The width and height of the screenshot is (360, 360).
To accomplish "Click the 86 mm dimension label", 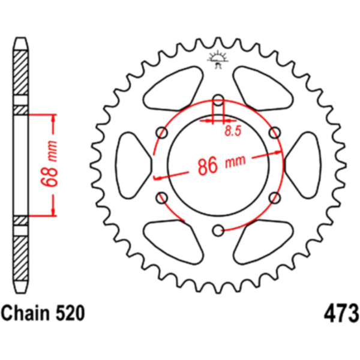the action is click(x=221, y=164).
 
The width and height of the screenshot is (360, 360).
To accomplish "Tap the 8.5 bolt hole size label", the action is click(x=233, y=131).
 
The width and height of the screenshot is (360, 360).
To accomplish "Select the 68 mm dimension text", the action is click(x=49, y=164).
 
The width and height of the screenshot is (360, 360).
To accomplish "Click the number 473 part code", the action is click(x=341, y=313).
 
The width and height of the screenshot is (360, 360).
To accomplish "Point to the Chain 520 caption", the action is click(x=43, y=313).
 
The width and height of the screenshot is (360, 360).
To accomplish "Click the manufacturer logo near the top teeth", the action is click(x=218, y=61).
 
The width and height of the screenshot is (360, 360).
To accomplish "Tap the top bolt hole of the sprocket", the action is click(x=218, y=100).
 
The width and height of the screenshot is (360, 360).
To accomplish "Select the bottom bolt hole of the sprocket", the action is click(x=218, y=231).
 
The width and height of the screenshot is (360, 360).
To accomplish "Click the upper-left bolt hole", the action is click(x=162, y=133).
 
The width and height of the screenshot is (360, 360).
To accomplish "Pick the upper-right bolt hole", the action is click(x=275, y=133).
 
